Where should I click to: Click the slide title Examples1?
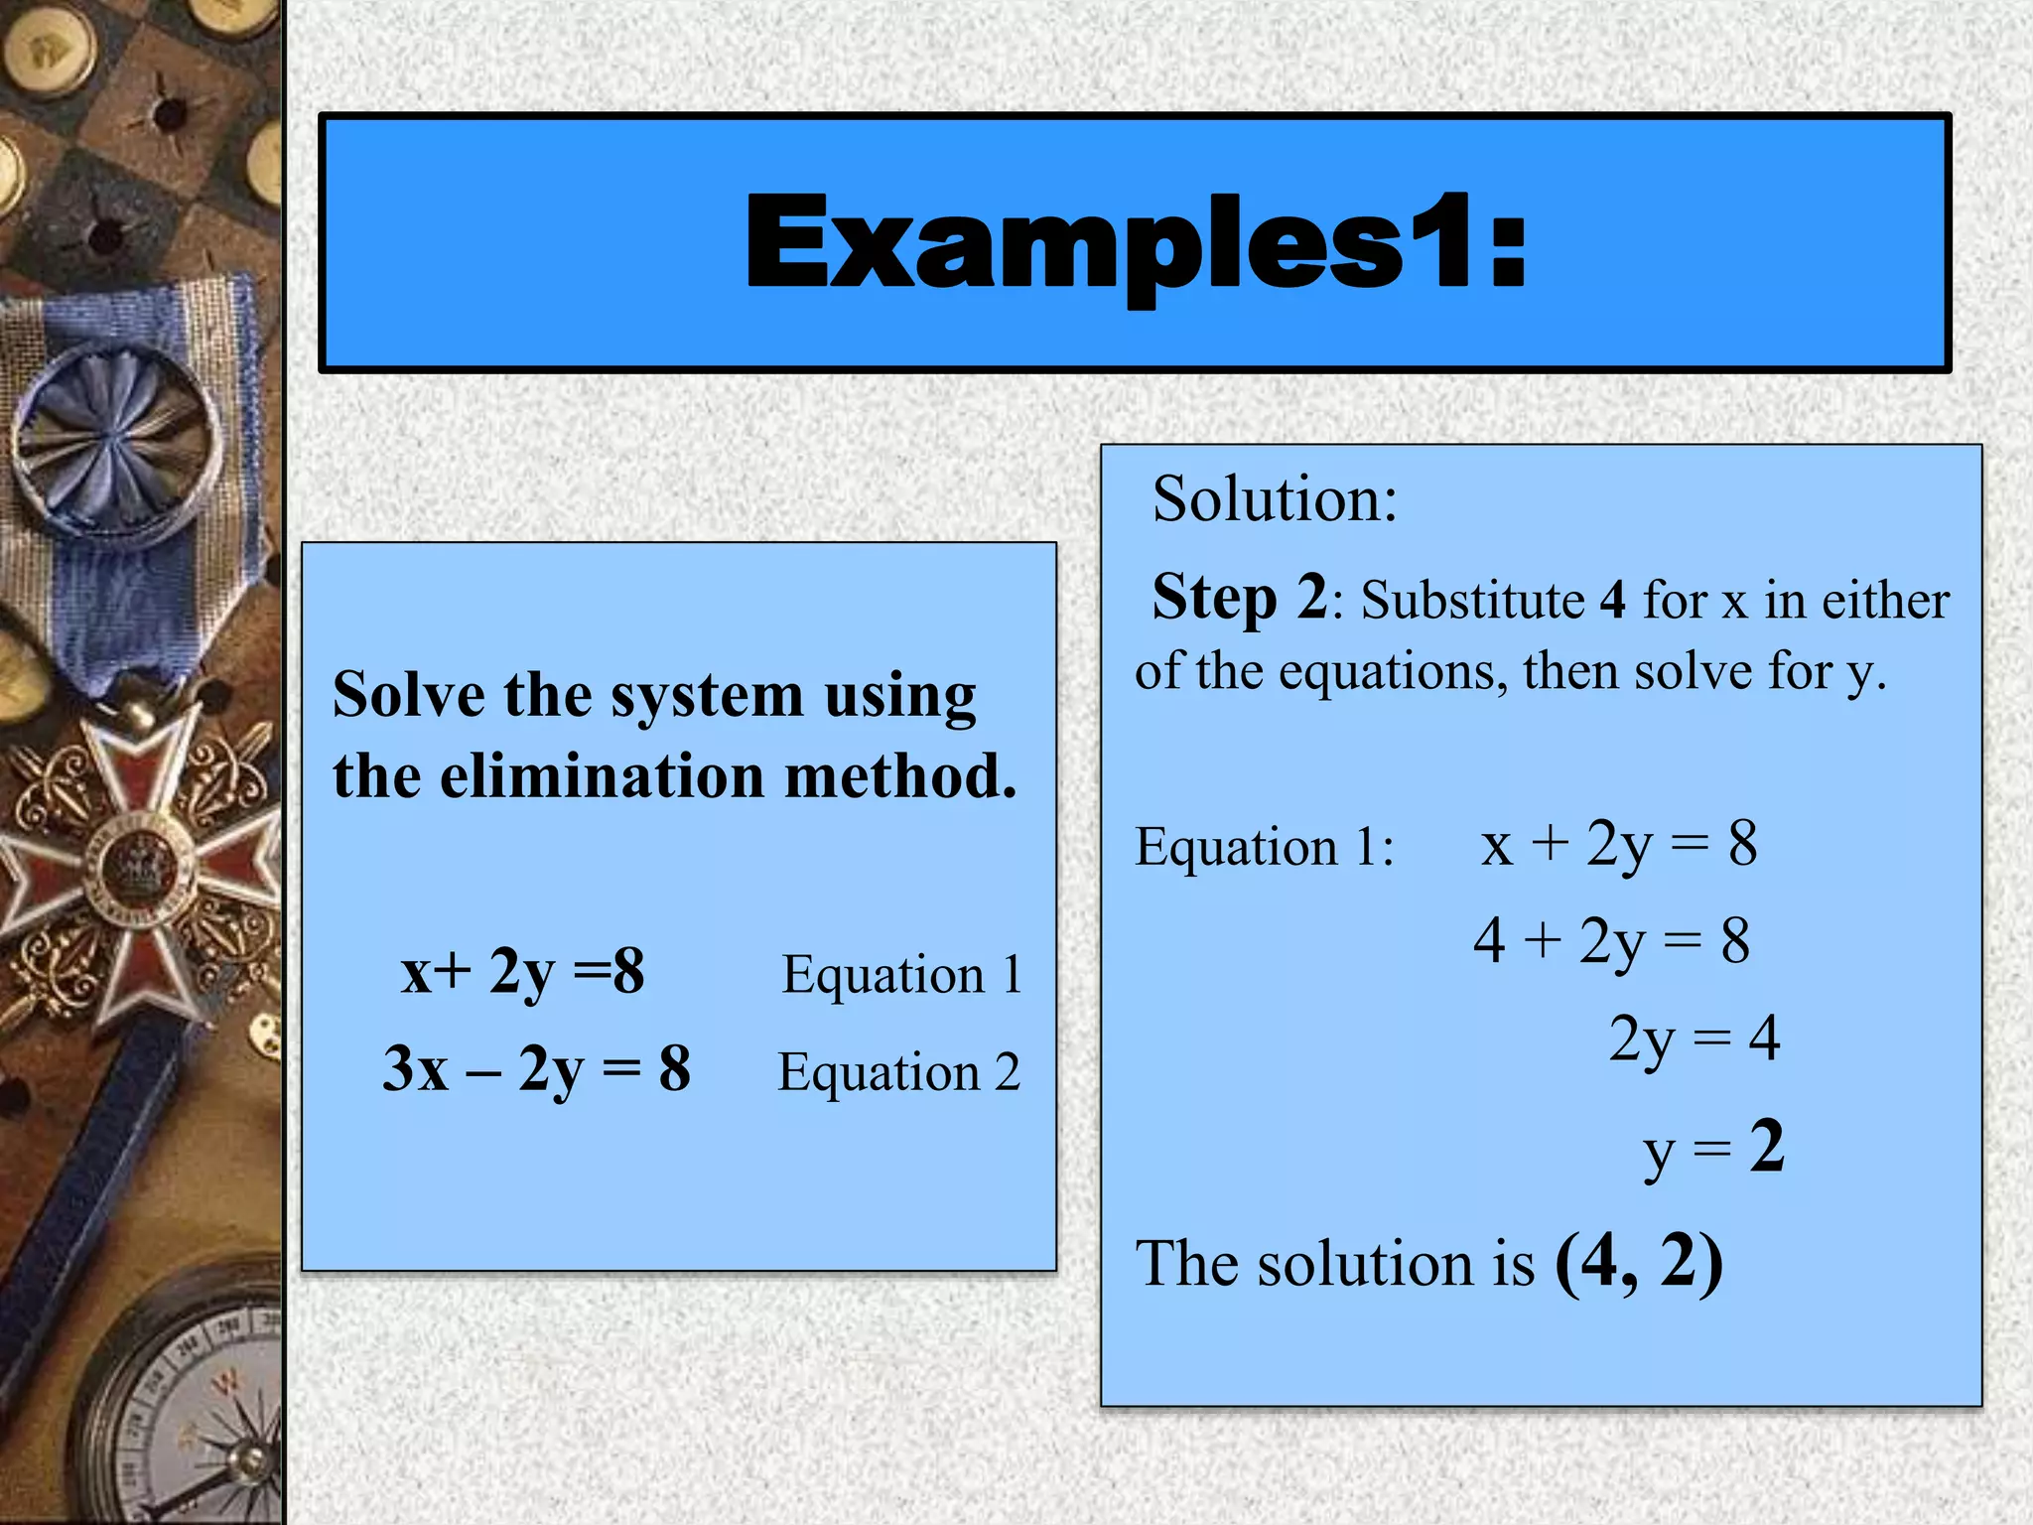[1136, 244]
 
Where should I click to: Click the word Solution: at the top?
[1275, 498]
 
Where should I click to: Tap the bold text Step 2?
[1238, 598]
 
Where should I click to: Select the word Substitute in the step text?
[1473, 601]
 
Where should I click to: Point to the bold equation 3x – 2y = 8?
[536, 1070]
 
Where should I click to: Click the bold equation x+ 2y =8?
[522, 971]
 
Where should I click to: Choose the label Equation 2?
[898, 1072]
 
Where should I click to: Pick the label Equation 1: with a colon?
[1264, 847]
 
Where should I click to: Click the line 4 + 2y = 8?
[1611, 940]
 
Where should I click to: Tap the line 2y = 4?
[1694, 1040]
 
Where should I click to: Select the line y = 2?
[1713, 1148]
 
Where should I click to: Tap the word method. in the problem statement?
[900, 776]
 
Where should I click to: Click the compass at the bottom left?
[189, 1410]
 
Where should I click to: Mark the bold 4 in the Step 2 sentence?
[1612, 601]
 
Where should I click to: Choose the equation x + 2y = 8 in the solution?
[1618, 844]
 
